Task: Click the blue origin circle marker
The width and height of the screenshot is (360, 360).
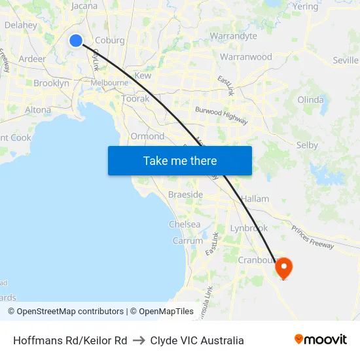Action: point(76,41)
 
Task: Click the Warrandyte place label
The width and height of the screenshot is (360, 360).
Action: point(233,36)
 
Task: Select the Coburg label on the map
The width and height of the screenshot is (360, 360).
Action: point(109,40)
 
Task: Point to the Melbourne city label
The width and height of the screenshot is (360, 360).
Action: point(109,83)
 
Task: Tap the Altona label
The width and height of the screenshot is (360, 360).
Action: point(38,110)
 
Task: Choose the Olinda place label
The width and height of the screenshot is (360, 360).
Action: point(310,100)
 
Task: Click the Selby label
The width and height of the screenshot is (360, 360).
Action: point(307,145)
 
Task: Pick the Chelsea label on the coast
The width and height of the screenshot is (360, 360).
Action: point(185,224)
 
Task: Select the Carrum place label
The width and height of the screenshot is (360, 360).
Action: point(188,241)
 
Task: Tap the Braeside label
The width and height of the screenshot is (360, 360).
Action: point(185,195)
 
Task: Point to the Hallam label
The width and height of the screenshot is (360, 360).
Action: point(255,198)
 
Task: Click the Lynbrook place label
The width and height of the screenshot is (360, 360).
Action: point(249,228)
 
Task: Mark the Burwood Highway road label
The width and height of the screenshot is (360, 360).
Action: point(223,116)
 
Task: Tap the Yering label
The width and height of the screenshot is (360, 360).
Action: point(306,6)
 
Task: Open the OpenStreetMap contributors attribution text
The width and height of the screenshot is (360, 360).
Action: point(70,312)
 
